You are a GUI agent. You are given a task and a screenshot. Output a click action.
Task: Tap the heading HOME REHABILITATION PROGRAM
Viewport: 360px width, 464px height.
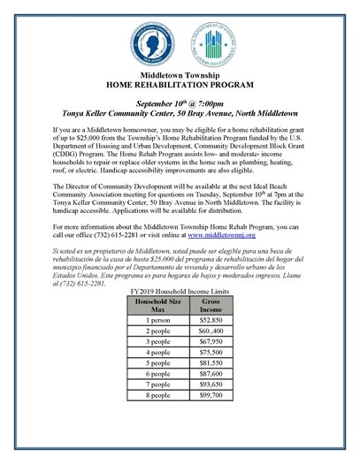[180, 87]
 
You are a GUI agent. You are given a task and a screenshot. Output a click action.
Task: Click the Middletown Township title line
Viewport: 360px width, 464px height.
[180, 77]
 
